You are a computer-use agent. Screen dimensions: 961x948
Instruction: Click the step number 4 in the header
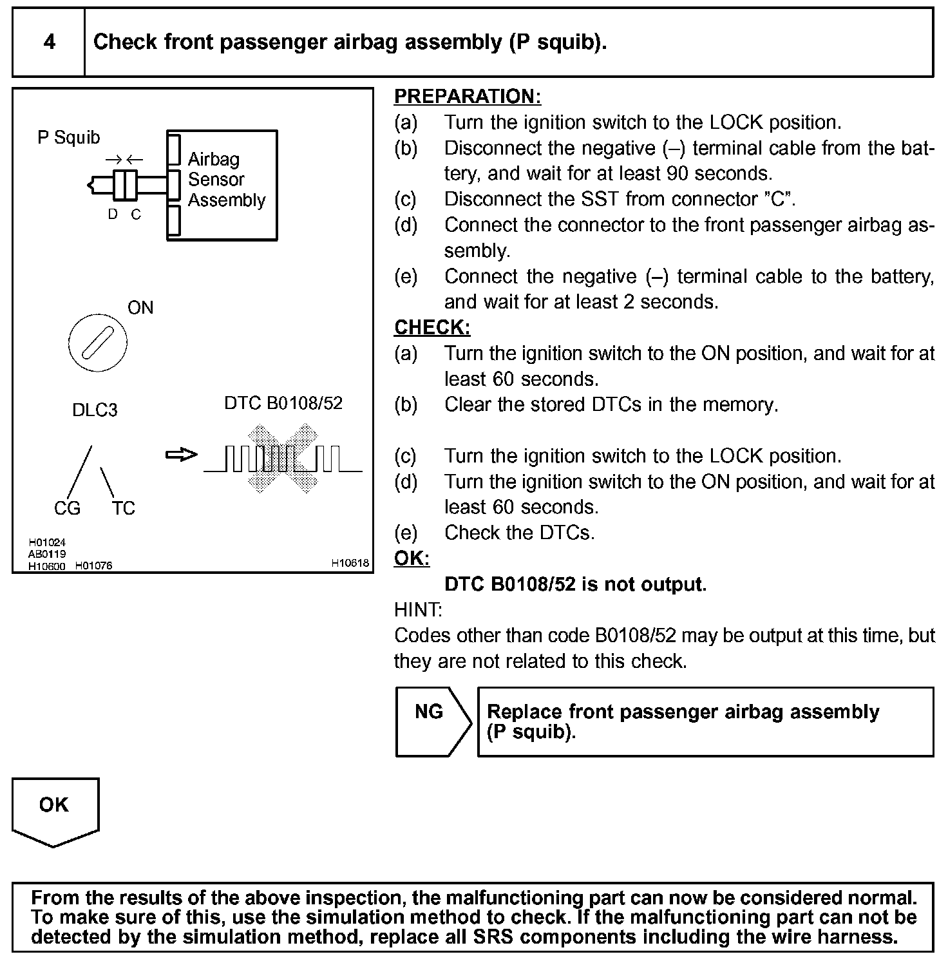pyautogui.click(x=49, y=43)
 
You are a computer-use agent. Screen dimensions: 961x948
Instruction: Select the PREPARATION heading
pyautogui.click(x=467, y=97)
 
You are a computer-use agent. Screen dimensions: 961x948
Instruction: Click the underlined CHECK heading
pyautogui.click(x=432, y=328)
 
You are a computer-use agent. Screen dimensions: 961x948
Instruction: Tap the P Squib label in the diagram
pyautogui.click(x=69, y=137)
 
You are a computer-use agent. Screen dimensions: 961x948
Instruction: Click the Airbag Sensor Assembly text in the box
pyautogui.click(x=225, y=180)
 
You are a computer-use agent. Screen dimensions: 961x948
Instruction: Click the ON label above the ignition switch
pyautogui.click(x=140, y=308)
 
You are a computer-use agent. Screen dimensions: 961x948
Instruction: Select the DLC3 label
pyautogui.click(x=95, y=410)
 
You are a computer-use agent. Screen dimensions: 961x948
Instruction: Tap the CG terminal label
pyautogui.click(x=67, y=509)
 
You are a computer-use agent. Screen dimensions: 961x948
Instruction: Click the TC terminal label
pyautogui.click(x=123, y=509)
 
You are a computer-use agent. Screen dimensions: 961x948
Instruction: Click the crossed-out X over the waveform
pyautogui.click(x=283, y=459)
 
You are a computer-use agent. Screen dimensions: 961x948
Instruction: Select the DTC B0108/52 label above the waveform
pyautogui.click(x=283, y=403)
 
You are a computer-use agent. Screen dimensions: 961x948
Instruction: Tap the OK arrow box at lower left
pyautogui.click(x=55, y=810)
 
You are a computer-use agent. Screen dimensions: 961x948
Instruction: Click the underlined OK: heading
pyautogui.click(x=412, y=558)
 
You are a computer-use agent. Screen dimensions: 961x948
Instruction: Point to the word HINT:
pyautogui.click(x=418, y=609)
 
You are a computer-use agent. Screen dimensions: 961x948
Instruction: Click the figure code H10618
pyautogui.click(x=350, y=563)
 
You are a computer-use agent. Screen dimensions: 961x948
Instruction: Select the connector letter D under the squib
pyautogui.click(x=113, y=214)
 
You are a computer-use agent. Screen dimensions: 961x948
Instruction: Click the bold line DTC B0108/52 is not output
pyautogui.click(x=575, y=584)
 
